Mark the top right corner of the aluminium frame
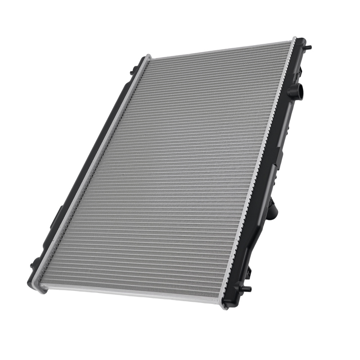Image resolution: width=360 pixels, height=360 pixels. click(293, 39)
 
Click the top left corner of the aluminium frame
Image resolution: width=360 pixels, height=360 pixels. click(148, 57)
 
